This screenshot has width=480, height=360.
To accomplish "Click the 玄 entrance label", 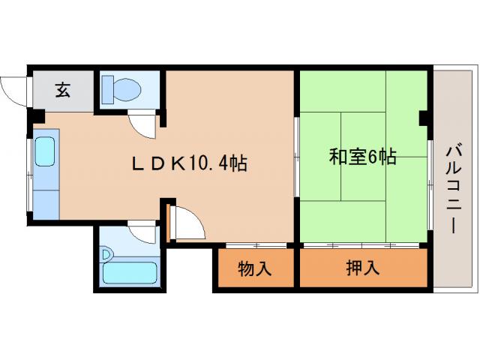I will pyautogui.click(x=62, y=91).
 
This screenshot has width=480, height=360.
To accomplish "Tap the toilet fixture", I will pyautogui.click(x=120, y=88).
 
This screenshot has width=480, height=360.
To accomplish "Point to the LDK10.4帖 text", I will pyautogui.click(x=190, y=163).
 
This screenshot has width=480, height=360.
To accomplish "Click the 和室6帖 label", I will pyautogui.click(x=363, y=157).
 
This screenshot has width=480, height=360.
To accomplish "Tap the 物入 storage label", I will pyautogui.click(x=255, y=268).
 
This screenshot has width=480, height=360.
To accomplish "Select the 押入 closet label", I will pyautogui.click(x=363, y=268).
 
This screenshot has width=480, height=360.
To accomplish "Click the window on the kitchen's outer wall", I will pyautogui.click(x=30, y=174).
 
